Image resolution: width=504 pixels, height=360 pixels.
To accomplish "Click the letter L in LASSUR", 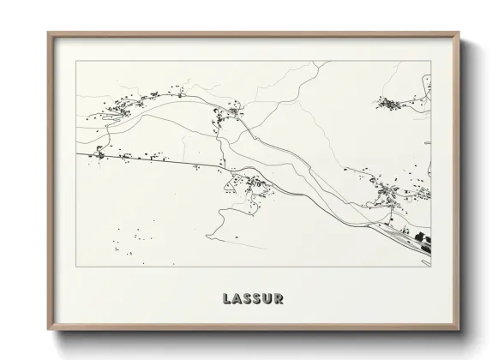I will pyautogui.click(x=226, y=299).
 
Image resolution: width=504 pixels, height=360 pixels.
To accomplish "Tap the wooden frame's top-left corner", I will pyautogui.click(x=48, y=33).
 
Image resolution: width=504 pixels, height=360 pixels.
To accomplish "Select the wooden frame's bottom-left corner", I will pyautogui.click(x=48, y=331).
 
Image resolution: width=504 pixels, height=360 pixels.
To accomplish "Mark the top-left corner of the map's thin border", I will pyautogui.click(x=75, y=61).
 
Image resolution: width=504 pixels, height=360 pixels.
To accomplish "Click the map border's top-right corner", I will pyautogui.click(x=431, y=61).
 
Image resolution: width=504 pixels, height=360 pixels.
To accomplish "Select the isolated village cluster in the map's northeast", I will pyautogui.click(x=393, y=104).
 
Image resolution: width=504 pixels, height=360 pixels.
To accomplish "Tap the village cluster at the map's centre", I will pyautogui.click(x=249, y=183).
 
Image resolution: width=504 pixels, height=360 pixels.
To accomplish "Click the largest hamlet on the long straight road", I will pyautogui.click(x=101, y=154).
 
